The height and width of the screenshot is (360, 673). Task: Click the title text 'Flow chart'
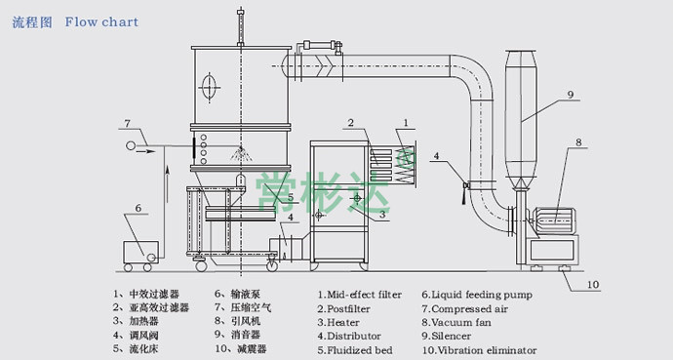pyautogui.click(x=101, y=21)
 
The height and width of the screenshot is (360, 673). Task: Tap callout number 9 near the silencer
pyautogui.click(x=571, y=95)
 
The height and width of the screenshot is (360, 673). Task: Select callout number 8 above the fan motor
pyautogui.click(x=578, y=142)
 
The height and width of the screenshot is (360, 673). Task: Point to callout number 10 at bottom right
pyautogui.click(x=592, y=285)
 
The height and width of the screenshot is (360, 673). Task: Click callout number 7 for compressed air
pyautogui.click(x=128, y=124)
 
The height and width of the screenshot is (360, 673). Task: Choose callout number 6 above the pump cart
pyautogui.click(x=139, y=208)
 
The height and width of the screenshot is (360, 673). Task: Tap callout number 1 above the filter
pyautogui.click(x=406, y=124)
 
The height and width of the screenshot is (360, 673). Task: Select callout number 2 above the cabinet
pyautogui.click(x=351, y=123)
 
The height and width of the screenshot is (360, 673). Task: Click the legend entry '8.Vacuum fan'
pyautogui.click(x=456, y=322)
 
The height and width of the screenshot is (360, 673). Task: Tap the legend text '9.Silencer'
pyautogui.click(x=447, y=336)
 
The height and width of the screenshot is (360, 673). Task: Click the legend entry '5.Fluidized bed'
pyautogui.click(x=355, y=350)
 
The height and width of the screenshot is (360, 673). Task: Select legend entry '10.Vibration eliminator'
pyautogui.click(x=479, y=350)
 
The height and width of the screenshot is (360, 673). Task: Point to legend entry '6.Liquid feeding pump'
pyautogui.click(x=477, y=295)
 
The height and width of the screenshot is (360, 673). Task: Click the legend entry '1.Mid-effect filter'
pyautogui.click(x=360, y=295)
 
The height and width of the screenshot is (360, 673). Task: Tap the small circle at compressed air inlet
pyautogui.click(x=131, y=146)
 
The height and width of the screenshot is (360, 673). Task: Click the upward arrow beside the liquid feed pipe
pyautogui.click(x=168, y=184)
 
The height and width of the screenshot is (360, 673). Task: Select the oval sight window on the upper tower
pyautogui.click(x=209, y=88)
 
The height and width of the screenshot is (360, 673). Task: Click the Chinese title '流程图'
pyautogui.click(x=32, y=22)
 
